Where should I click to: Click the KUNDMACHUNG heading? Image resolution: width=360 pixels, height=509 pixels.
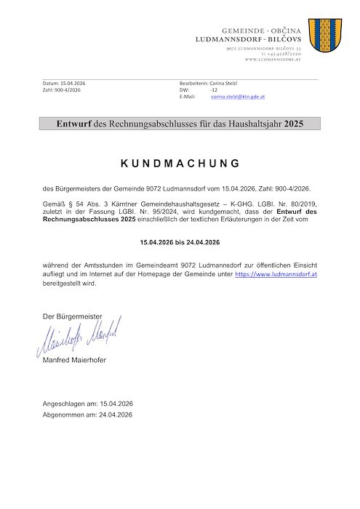pos(180,163)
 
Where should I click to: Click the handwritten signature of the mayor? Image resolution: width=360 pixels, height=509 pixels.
pos(79,337)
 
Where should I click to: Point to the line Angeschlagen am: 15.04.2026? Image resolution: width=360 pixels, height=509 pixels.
pos(88,404)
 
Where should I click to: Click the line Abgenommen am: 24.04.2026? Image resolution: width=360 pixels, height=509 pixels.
pos(87,414)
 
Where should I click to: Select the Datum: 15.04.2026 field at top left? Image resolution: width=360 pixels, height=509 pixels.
pos(63,84)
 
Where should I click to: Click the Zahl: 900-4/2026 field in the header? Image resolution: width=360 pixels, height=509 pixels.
pos(62,90)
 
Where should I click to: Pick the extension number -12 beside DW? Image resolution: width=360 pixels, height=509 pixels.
pos(214,90)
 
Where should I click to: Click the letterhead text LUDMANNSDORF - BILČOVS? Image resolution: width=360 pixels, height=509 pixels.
pos(255,37)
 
